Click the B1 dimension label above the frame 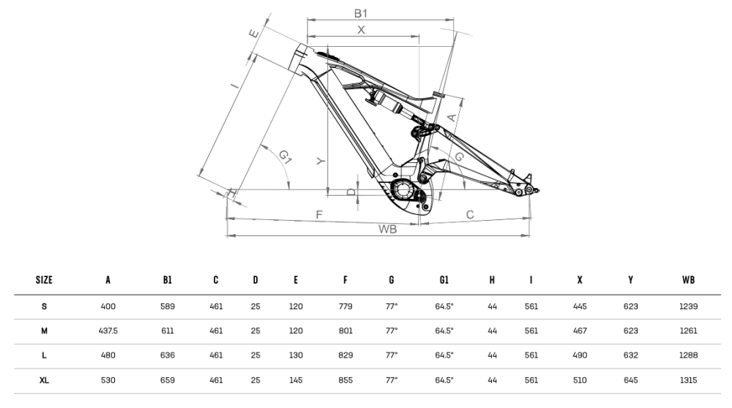click(360, 13)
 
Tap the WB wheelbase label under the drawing click(387, 229)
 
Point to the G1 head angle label click(285, 156)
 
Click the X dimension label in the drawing click(361, 29)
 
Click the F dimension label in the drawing click(318, 214)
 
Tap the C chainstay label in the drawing click(470, 214)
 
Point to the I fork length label click(234, 85)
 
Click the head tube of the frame click(301, 58)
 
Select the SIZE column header click(44, 280)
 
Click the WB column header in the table click(687, 280)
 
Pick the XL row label click(44, 380)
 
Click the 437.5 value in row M click(108, 330)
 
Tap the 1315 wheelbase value click(687, 380)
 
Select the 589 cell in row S click(168, 306)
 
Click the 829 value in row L click(346, 355)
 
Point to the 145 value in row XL click(296, 380)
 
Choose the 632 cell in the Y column click(630, 355)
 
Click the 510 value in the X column click(580, 380)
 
